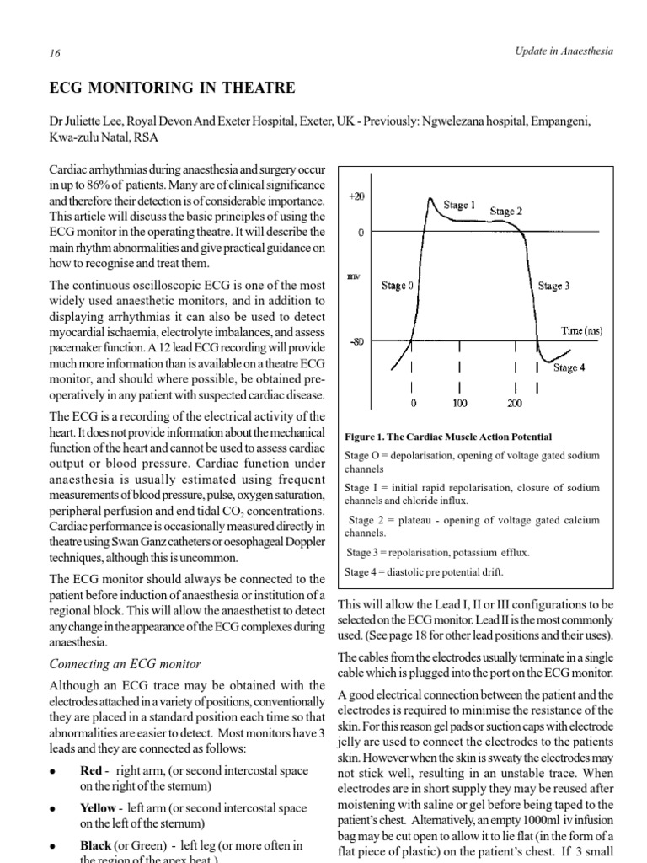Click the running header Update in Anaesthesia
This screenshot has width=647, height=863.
(x=564, y=52)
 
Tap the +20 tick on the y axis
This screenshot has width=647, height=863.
(x=356, y=196)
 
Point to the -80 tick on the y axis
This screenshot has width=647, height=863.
(x=356, y=342)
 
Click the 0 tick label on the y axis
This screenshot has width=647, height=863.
(x=361, y=232)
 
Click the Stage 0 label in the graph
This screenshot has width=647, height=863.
(x=398, y=286)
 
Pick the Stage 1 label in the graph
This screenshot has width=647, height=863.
(x=460, y=204)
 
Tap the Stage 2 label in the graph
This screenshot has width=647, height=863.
(x=505, y=212)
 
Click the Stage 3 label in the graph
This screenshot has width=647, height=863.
(x=553, y=287)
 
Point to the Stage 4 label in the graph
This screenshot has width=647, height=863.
(x=569, y=368)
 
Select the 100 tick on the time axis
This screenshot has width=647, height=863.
(x=459, y=403)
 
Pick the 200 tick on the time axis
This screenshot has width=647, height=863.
(x=515, y=403)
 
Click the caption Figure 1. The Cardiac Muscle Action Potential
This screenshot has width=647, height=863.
(x=448, y=437)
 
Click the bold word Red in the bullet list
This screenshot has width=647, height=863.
(x=89, y=770)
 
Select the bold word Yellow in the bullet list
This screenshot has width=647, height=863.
(x=98, y=808)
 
